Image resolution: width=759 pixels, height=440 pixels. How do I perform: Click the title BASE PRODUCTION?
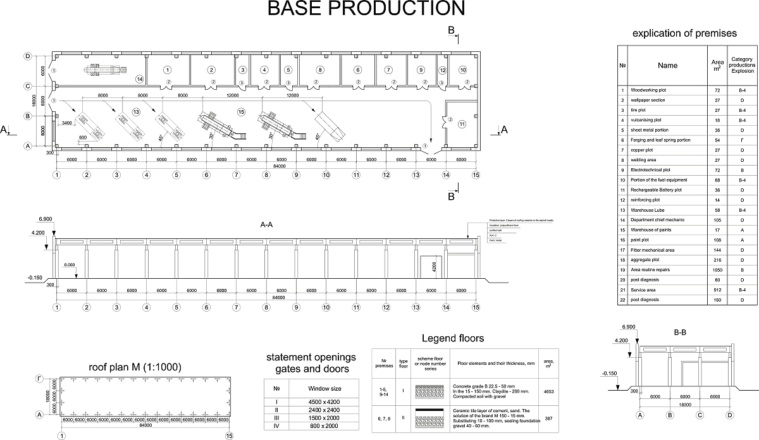tap(366, 8)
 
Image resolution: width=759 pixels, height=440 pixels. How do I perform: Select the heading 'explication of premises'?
tap(684, 33)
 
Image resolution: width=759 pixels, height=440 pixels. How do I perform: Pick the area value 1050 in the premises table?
tap(717, 270)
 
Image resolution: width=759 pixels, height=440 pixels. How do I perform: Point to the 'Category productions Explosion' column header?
tap(741, 65)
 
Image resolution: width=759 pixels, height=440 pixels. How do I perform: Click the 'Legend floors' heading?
tap(452, 338)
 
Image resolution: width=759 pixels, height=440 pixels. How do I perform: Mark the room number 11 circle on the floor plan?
tap(462, 124)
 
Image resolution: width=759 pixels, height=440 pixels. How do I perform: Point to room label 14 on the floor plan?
tap(139, 78)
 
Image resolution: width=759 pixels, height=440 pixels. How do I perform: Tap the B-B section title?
tap(680, 331)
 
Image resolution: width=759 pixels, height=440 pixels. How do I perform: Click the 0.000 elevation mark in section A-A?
tap(70, 265)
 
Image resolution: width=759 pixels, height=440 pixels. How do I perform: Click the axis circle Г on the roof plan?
tap(39, 378)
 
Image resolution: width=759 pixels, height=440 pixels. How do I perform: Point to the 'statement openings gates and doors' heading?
tap(311, 363)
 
